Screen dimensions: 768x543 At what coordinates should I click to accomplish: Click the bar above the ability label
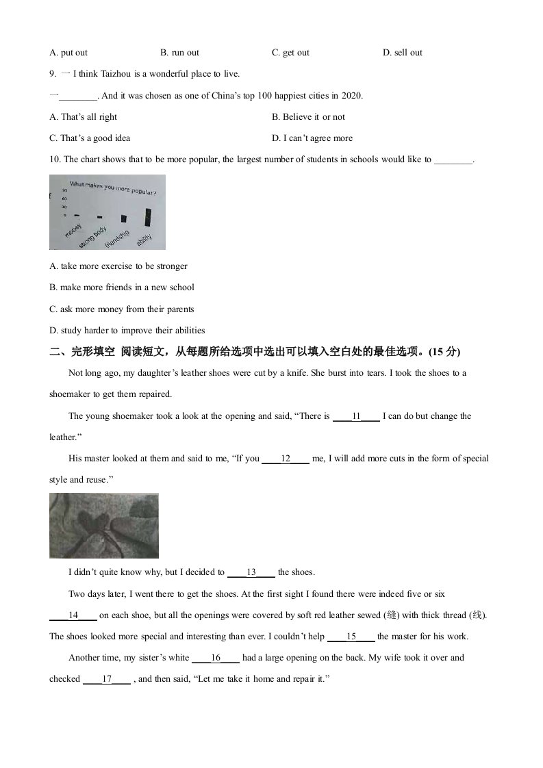coord(148,216)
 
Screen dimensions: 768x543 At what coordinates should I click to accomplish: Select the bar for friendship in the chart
coord(124,219)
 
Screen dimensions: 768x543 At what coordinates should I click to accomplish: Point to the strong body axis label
coord(94,234)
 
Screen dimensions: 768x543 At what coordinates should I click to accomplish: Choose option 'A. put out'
coord(68,53)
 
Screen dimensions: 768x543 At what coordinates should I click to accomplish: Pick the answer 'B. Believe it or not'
coord(308,117)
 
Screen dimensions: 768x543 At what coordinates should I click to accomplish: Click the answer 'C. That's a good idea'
coord(90,138)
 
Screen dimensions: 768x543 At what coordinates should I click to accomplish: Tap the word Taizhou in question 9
coord(113,74)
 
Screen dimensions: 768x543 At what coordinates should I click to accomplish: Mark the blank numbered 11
coord(356,416)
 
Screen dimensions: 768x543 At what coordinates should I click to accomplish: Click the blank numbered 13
coord(251,572)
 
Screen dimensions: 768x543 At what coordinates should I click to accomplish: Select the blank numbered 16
coord(216,658)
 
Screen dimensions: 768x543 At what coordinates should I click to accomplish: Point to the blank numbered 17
coord(107,679)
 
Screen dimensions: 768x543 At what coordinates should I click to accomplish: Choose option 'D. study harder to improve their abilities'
coord(127,330)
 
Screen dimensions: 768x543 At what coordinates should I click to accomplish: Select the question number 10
coord(55,159)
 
